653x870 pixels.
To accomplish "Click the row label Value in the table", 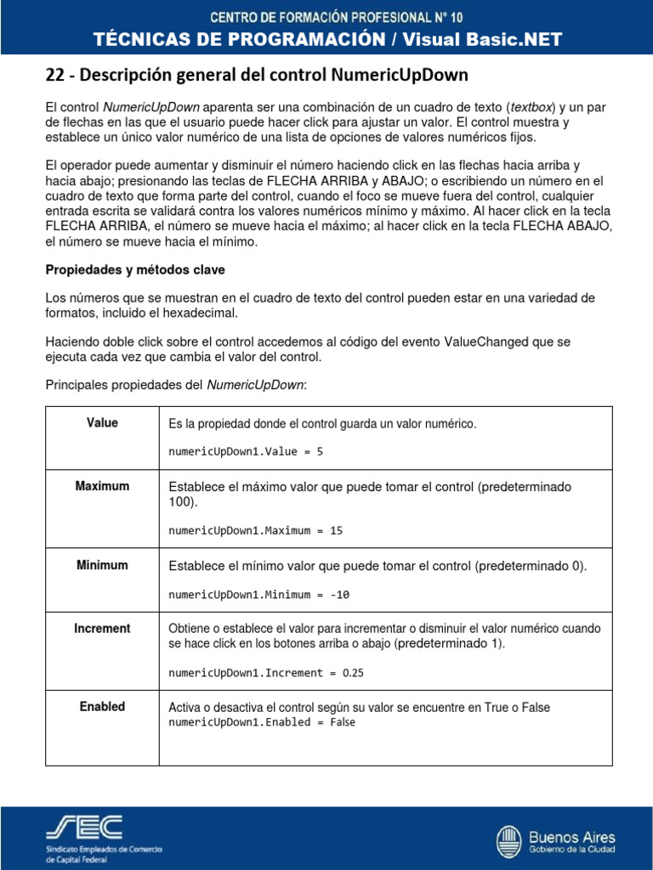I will click(102, 423).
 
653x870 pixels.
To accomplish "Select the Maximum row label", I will click(102, 487).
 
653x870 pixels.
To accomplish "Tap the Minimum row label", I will click(102, 566).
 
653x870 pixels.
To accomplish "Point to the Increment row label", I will click(102, 629).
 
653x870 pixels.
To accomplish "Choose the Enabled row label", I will click(102, 707).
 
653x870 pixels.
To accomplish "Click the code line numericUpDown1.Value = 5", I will click(246, 452).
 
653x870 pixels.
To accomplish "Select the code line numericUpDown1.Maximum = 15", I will click(255, 531).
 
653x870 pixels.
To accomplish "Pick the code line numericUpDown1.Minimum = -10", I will click(258, 595).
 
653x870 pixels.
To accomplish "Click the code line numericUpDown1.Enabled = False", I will click(262, 722).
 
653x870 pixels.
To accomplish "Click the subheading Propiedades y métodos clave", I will click(134, 269).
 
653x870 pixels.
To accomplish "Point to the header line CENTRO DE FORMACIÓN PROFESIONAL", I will click(326, 16).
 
